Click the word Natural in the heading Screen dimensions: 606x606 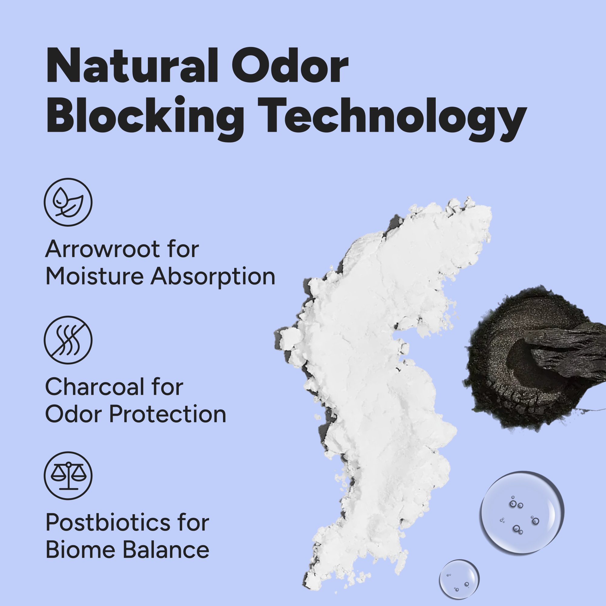(x=132, y=65)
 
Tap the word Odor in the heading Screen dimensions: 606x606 (x=291, y=65)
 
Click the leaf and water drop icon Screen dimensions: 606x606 (x=68, y=202)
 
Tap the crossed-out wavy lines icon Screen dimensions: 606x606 (x=68, y=340)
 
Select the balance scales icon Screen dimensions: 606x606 (x=68, y=476)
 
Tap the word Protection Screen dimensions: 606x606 (x=168, y=414)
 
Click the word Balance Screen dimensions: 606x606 (x=166, y=550)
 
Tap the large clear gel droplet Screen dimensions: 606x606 (x=522, y=513)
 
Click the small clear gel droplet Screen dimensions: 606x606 (x=459, y=579)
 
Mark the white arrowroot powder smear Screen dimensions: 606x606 (x=376, y=376)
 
